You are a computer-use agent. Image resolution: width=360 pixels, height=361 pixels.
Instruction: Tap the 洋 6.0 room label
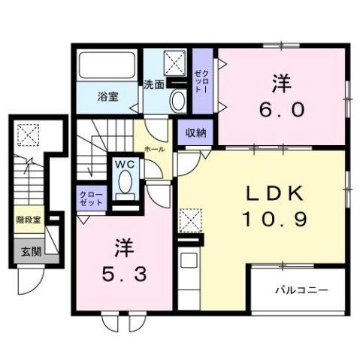pos(283,96)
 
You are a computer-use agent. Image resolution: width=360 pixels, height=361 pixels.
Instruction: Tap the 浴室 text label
pos(107,96)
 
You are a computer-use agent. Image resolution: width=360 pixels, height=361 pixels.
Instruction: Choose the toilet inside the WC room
pos(124,183)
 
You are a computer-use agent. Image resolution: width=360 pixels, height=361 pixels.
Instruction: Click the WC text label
pos(124,162)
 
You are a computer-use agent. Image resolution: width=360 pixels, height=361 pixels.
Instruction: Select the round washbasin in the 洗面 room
pos(178,101)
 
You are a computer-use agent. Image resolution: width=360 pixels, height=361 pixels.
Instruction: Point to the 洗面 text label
pos(153,85)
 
